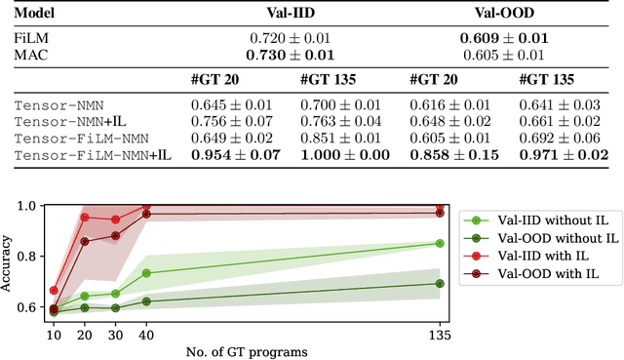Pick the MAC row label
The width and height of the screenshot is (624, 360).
pos(29,55)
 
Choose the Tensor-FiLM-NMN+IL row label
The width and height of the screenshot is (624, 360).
pos(85,154)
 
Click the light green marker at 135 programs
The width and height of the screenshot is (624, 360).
pos(439,243)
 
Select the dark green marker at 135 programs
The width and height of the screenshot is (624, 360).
pos(439,284)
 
